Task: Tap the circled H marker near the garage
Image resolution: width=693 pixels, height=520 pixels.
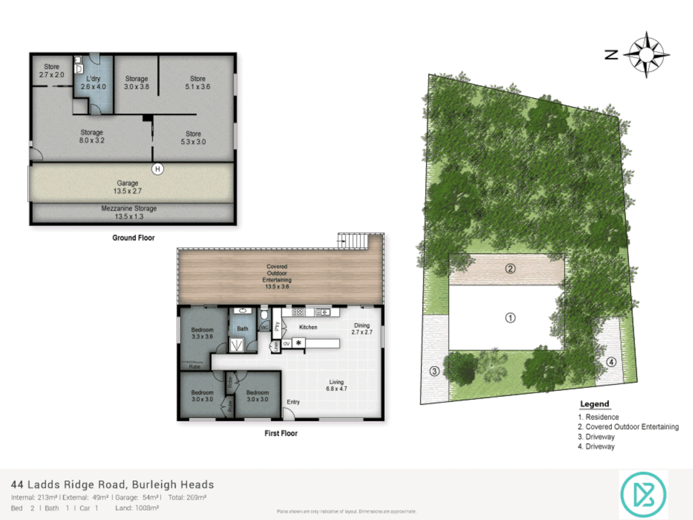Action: pyautogui.click(x=157, y=169)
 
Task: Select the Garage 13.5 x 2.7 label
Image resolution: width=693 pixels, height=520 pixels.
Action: pyautogui.click(x=128, y=187)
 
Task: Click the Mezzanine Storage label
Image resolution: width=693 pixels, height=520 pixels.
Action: pyautogui.click(x=129, y=212)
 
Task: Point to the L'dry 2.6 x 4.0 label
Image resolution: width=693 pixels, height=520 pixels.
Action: pyautogui.click(x=93, y=83)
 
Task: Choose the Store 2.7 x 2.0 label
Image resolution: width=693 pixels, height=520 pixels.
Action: pyautogui.click(x=51, y=71)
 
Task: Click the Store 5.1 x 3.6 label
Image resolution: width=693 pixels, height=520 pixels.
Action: pyautogui.click(x=197, y=82)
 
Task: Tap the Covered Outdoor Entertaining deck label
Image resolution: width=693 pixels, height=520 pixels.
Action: pyautogui.click(x=277, y=276)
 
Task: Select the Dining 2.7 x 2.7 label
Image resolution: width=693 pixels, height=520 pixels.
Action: pyautogui.click(x=362, y=329)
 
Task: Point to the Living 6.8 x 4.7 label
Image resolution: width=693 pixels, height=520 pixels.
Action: pyautogui.click(x=336, y=385)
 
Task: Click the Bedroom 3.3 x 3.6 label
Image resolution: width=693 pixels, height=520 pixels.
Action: pyautogui.click(x=202, y=333)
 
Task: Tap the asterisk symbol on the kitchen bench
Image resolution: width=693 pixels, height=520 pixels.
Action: pyautogui.click(x=299, y=343)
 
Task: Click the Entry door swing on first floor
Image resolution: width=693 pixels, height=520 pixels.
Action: pyautogui.click(x=288, y=413)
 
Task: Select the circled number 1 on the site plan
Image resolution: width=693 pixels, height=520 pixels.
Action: pyautogui.click(x=510, y=318)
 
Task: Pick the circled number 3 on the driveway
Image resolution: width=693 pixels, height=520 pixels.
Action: pyautogui.click(x=434, y=371)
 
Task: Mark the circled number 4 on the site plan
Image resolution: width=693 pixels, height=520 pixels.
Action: pyautogui.click(x=611, y=362)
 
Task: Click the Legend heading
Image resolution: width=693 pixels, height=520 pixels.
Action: pyautogui.click(x=594, y=404)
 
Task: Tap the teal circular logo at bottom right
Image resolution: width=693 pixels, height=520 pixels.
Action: pyautogui.click(x=643, y=494)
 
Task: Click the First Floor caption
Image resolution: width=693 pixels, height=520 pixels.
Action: pyautogui.click(x=281, y=433)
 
